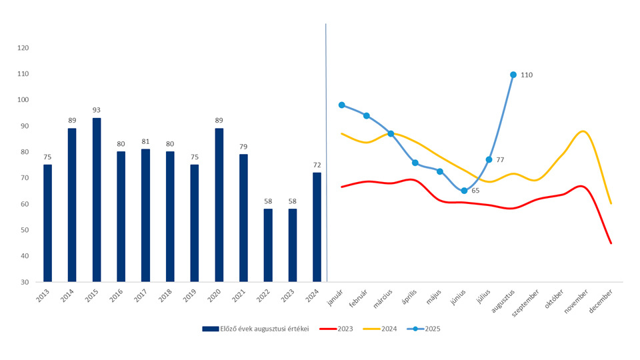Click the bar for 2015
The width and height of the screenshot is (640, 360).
(x=97, y=200)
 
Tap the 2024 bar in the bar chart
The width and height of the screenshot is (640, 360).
(x=317, y=227)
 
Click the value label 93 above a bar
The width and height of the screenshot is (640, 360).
(x=97, y=110)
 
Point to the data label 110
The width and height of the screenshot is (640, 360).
(x=527, y=75)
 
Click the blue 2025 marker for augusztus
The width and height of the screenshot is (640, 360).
(x=513, y=75)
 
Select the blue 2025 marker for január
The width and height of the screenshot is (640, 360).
(x=342, y=105)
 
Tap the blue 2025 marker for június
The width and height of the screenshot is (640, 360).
(x=464, y=191)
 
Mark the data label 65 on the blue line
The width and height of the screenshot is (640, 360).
(x=475, y=191)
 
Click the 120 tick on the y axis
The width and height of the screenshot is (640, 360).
(x=23, y=48)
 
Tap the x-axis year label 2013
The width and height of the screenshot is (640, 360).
(x=41, y=296)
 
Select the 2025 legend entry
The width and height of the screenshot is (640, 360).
(x=424, y=329)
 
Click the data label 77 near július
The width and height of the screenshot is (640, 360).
(x=500, y=160)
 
